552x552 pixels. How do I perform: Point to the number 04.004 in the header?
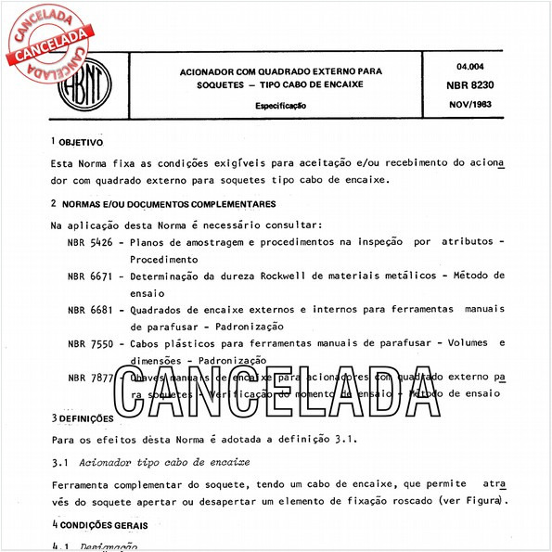(x=473, y=65)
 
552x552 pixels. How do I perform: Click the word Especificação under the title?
(x=280, y=106)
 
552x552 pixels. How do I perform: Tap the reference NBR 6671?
(x=90, y=276)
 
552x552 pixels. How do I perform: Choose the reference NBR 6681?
(x=90, y=310)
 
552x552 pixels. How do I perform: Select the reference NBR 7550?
(x=90, y=343)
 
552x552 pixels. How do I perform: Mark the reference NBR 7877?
(x=90, y=378)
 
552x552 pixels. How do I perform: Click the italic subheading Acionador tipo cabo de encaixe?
(x=166, y=462)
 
